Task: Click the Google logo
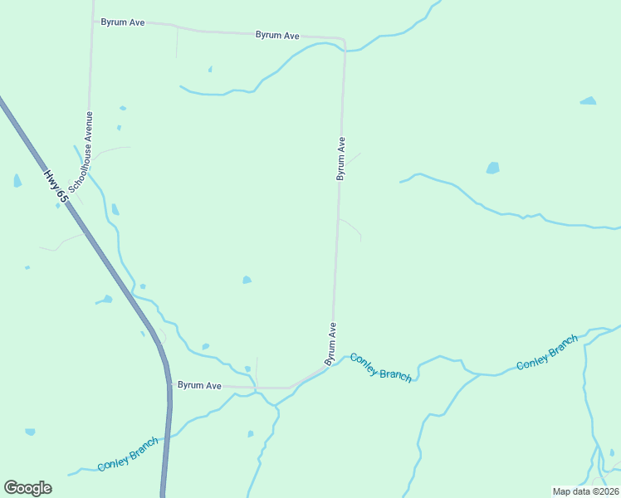pyautogui.click(x=27, y=488)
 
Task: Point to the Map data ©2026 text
pyautogui.click(x=586, y=491)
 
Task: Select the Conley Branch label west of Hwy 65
pyautogui.click(x=128, y=454)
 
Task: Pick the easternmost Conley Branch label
pyautogui.click(x=547, y=353)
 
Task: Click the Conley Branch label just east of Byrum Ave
pyautogui.click(x=380, y=367)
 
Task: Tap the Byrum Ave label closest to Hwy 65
pyautogui.click(x=200, y=385)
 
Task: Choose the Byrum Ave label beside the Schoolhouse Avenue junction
pyautogui.click(x=123, y=22)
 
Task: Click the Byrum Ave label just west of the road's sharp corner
pyautogui.click(x=277, y=35)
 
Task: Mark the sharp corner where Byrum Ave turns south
pyautogui.click(x=344, y=40)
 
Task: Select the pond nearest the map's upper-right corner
pyautogui.click(x=588, y=101)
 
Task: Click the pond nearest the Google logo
pyautogui.click(x=30, y=432)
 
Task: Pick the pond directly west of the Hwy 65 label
pyautogui.click(x=17, y=180)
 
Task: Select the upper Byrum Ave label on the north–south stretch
pyautogui.click(x=340, y=159)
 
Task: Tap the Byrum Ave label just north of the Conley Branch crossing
pyautogui.click(x=330, y=344)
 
